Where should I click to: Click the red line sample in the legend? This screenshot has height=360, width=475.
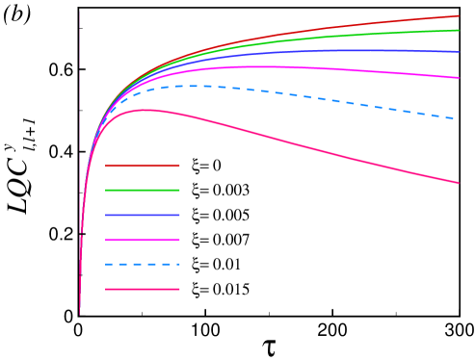tap(143, 166)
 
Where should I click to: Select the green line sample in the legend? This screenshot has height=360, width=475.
tap(143, 190)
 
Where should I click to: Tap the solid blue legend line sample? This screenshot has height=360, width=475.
tap(143, 215)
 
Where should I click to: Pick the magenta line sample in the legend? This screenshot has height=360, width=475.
tap(143, 240)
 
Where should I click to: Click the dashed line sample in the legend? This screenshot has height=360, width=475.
tap(143, 264)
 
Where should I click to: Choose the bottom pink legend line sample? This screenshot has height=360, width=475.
tap(143, 289)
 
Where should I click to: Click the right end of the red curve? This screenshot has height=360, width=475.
tap(459, 15)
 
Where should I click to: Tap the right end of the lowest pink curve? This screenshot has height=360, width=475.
tap(459, 183)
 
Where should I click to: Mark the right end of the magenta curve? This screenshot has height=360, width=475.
tap(459, 78)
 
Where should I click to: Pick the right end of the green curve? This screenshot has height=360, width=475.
tap(459, 30)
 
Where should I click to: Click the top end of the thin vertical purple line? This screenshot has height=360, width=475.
tap(79, 13)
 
